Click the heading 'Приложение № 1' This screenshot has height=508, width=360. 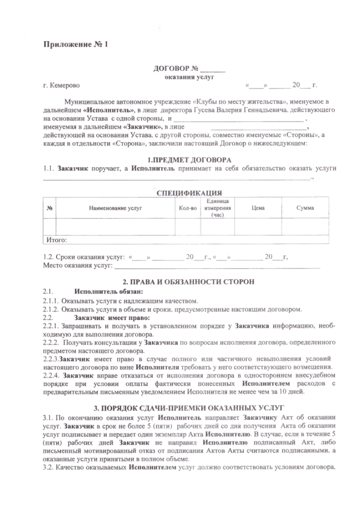[x=75, y=45]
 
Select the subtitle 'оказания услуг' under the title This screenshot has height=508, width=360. [x=189, y=77]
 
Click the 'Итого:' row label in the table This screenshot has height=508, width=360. [x=57, y=240]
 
